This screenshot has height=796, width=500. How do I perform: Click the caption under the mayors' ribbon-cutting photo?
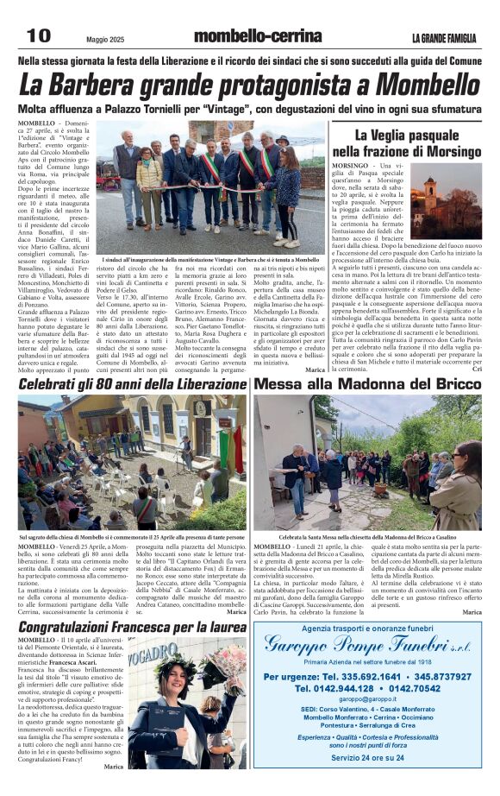click(209, 259)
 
